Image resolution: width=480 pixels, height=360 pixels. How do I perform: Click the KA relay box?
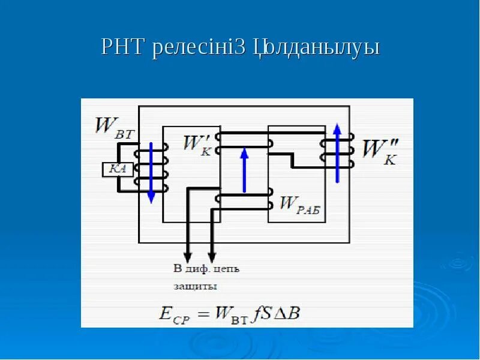click(x=117, y=169)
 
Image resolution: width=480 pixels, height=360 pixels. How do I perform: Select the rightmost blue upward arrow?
click(x=337, y=152)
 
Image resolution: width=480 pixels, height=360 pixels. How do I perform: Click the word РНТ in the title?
click(x=124, y=47)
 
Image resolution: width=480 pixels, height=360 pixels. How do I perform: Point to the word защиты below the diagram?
click(x=195, y=286)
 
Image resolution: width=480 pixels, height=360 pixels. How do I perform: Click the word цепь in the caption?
click(x=226, y=268)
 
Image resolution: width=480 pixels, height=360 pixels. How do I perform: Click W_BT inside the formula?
click(x=229, y=313)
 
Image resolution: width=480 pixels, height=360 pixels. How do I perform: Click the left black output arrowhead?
click(x=187, y=253)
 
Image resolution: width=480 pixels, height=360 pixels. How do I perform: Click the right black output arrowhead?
click(x=211, y=253)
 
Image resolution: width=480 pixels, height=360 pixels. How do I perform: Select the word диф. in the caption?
click(x=197, y=268)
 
